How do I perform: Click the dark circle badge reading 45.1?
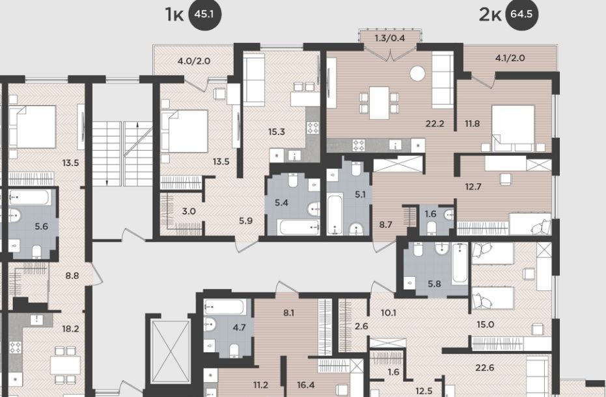click(204, 15)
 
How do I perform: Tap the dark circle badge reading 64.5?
click(521, 14)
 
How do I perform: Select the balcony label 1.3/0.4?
click(390, 38)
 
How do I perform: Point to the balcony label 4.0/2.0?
click(194, 61)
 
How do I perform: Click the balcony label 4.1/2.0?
click(510, 58)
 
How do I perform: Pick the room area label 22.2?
click(435, 124)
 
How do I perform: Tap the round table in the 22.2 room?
click(417, 73)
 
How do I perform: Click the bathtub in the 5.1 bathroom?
click(335, 214)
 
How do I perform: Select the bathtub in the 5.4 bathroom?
click(298, 227)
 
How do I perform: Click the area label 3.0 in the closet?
click(189, 211)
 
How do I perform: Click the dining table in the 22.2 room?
click(379, 103)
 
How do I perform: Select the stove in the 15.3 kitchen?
click(312, 128)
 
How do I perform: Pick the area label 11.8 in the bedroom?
click(473, 124)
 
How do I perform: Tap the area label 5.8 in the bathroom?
click(434, 284)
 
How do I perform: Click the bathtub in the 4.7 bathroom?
click(225, 307)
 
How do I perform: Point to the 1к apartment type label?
click(174, 15)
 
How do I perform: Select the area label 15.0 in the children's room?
click(486, 324)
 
